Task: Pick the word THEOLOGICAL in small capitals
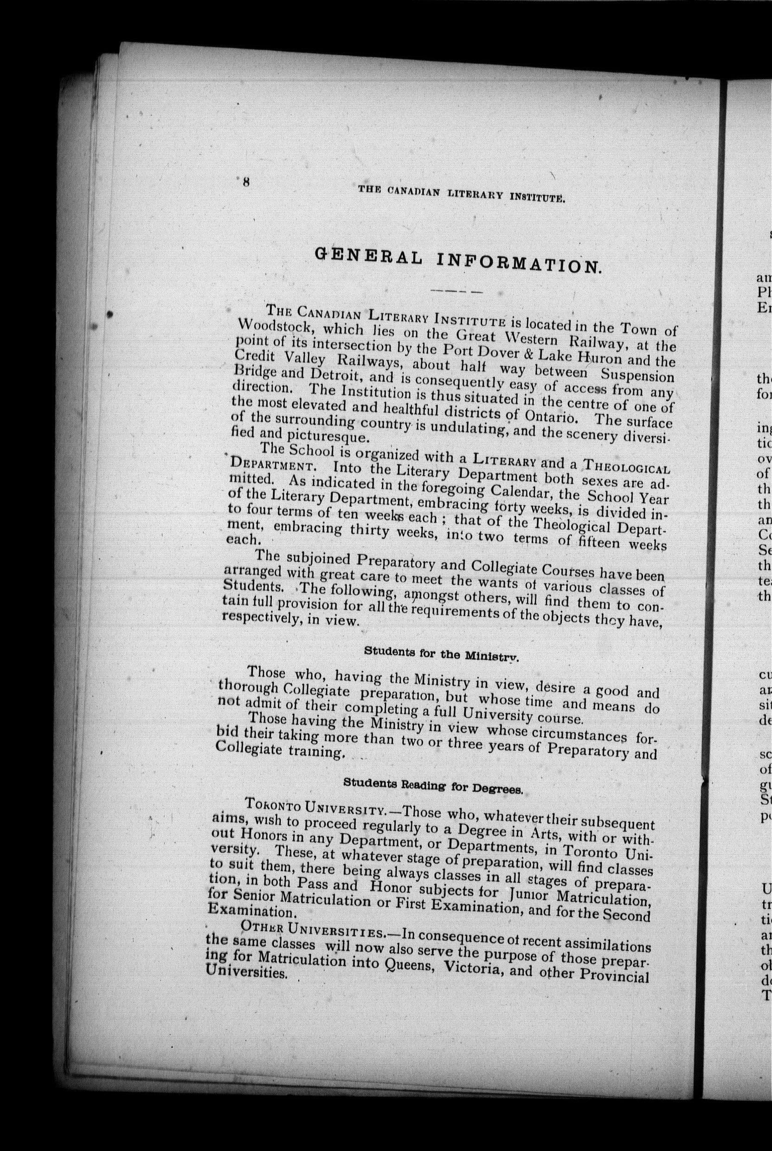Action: click(x=625, y=465)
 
